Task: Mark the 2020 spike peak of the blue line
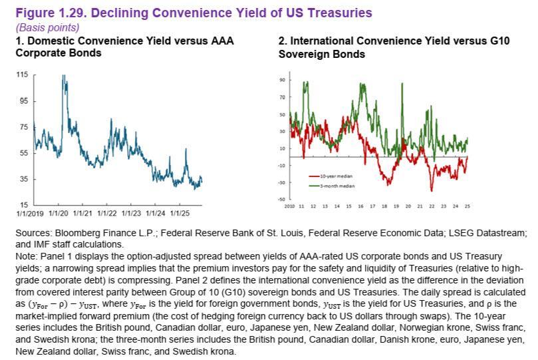tap(63, 77)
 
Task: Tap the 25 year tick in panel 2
tap(467, 207)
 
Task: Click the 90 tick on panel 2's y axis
tap(282, 80)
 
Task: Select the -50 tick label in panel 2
tap(281, 200)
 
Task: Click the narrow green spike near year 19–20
tap(402, 84)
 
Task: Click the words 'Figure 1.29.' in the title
tap(45, 13)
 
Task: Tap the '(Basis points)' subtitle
tap(42, 28)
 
